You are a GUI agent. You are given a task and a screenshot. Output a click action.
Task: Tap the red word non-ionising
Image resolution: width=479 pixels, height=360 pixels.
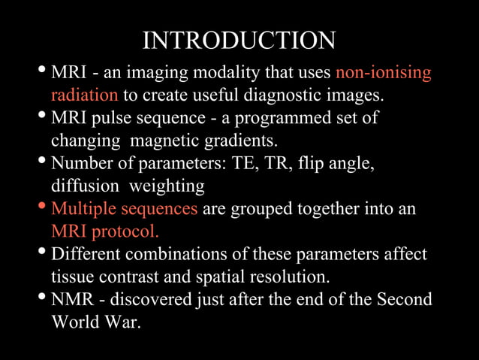383,74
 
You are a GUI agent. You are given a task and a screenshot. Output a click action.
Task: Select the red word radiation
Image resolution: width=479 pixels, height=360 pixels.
84,95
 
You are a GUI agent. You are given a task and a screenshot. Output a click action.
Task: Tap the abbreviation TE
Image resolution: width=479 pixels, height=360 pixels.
252,163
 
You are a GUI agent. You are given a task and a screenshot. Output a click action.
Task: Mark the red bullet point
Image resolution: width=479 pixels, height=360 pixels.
42,207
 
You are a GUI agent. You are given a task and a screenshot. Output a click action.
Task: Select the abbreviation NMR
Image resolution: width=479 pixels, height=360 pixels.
74,299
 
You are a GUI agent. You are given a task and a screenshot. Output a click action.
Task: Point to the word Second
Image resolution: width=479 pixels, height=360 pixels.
404,299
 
